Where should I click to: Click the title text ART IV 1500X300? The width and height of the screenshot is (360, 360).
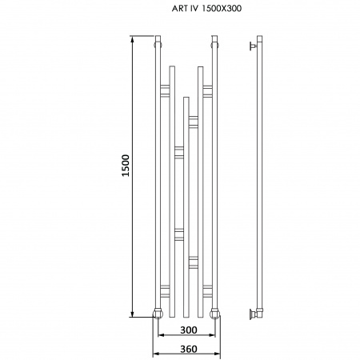click(206, 9)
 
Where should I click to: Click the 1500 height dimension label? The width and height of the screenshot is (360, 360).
click(126, 166)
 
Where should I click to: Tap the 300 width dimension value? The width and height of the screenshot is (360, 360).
click(189, 330)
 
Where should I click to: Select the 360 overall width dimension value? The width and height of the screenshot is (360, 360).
click(189, 349)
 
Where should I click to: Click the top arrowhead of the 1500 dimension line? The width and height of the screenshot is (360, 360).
click(132, 39)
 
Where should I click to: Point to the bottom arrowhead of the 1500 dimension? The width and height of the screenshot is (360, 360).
click(132, 314)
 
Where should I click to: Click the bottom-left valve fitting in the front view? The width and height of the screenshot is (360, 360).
click(158, 314)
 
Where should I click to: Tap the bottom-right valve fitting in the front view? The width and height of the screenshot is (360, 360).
click(214, 314)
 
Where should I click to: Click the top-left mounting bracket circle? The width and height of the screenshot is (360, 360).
click(158, 45)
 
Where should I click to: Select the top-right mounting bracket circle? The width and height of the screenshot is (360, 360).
click(214, 45)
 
